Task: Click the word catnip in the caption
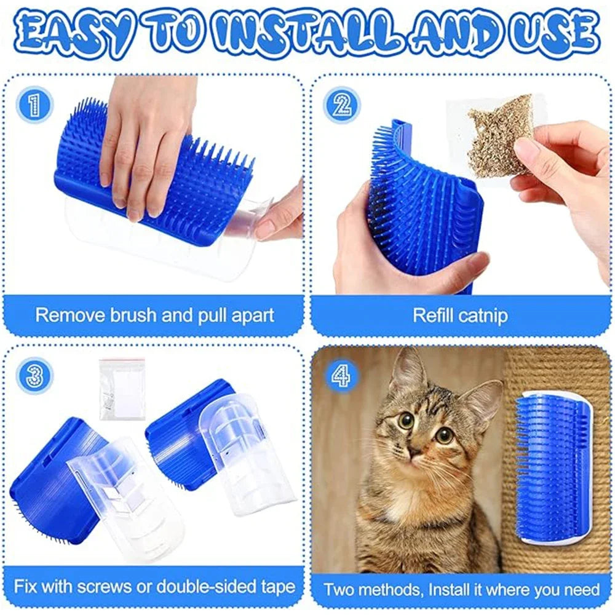tap(483, 315)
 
